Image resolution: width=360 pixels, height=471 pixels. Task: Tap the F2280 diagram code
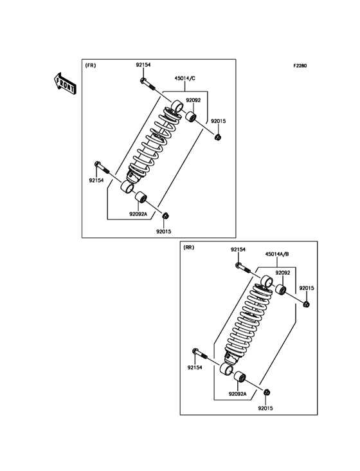click(x=300, y=66)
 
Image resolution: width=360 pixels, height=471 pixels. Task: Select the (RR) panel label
click(x=188, y=247)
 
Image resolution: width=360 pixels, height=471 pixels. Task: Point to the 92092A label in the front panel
click(x=138, y=214)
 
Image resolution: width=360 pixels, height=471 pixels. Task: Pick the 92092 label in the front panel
click(x=193, y=100)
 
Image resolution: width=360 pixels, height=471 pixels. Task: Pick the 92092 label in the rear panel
click(x=283, y=273)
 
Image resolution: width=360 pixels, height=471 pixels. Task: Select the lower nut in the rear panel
click(x=267, y=392)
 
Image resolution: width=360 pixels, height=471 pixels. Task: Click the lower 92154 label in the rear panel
click(x=195, y=368)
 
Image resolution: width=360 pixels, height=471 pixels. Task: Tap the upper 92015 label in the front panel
click(x=218, y=120)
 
